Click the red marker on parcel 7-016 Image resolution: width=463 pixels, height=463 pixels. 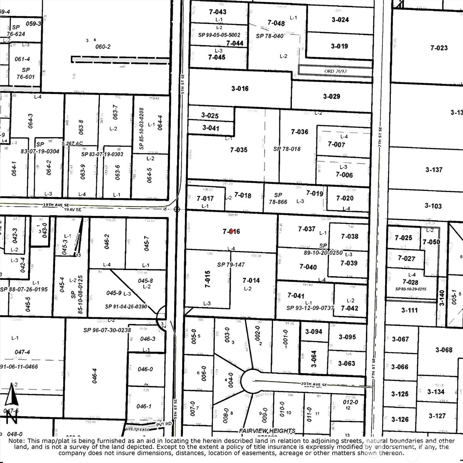click(x=231, y=231)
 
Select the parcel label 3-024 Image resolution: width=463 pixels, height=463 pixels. click(x=340, y=20)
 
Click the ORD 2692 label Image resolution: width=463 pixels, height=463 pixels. click(x=336, y=71)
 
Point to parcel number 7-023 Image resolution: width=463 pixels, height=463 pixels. click(x=439, y=48)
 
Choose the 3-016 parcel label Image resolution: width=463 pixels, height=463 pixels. click(x=240, y=88)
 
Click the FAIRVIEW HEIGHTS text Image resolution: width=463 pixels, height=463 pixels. click(x=267, y=431)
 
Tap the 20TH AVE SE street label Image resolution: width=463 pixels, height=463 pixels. click(x=314, y=385)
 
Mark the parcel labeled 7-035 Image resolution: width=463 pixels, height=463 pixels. click(x=239, y=150)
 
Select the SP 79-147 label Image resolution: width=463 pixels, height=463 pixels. click(x=231, y=265)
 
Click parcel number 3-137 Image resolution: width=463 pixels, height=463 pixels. click(x=434, y=169)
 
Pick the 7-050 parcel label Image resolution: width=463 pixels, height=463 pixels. click(x=431, y=242)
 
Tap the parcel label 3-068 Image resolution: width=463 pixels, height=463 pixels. click(x=444, y=350)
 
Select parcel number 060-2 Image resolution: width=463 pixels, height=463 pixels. click(x=103, y=47)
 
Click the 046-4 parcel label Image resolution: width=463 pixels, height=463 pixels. click(x=95, y=376)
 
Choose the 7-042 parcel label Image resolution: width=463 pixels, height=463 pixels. click(x=350, y=308)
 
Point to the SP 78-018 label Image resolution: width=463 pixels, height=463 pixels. click(x=287, y=149)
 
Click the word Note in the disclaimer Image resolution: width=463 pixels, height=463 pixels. click(x=16, y=441)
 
